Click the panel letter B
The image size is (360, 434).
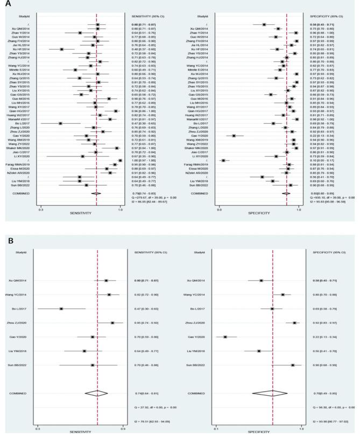click(x=9, y=243)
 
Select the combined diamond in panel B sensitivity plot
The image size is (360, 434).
click(x=96, y=393)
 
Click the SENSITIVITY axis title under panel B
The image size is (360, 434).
click(x=80, y=431)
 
